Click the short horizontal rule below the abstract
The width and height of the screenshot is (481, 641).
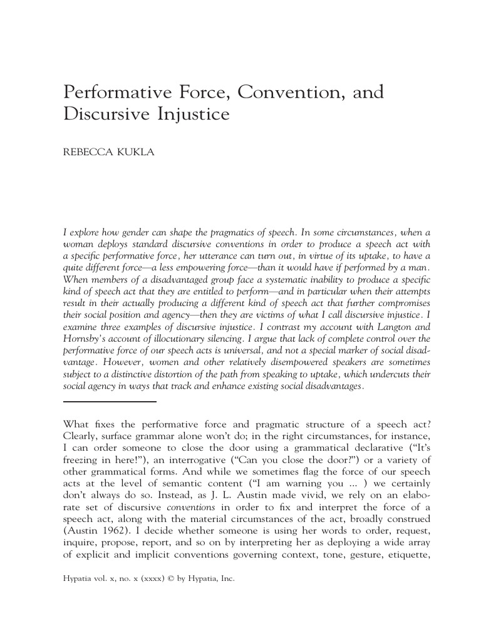(x=110, y=401)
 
